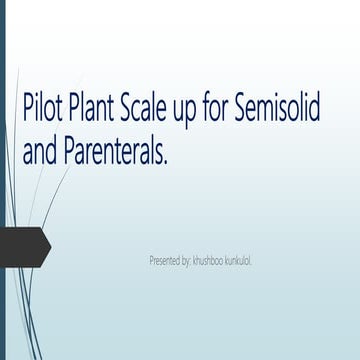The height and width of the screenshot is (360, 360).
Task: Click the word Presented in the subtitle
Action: click(x=167, y=260)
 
